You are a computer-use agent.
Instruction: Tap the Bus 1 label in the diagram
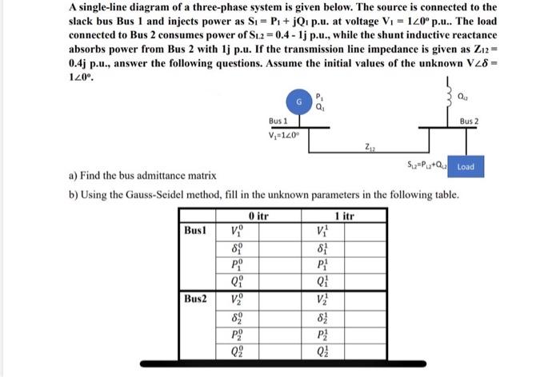coord(278,120)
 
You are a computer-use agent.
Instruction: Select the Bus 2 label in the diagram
coord(470,120)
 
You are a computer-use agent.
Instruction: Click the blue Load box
coord(466,167)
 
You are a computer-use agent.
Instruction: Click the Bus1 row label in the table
coord(195,229)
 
